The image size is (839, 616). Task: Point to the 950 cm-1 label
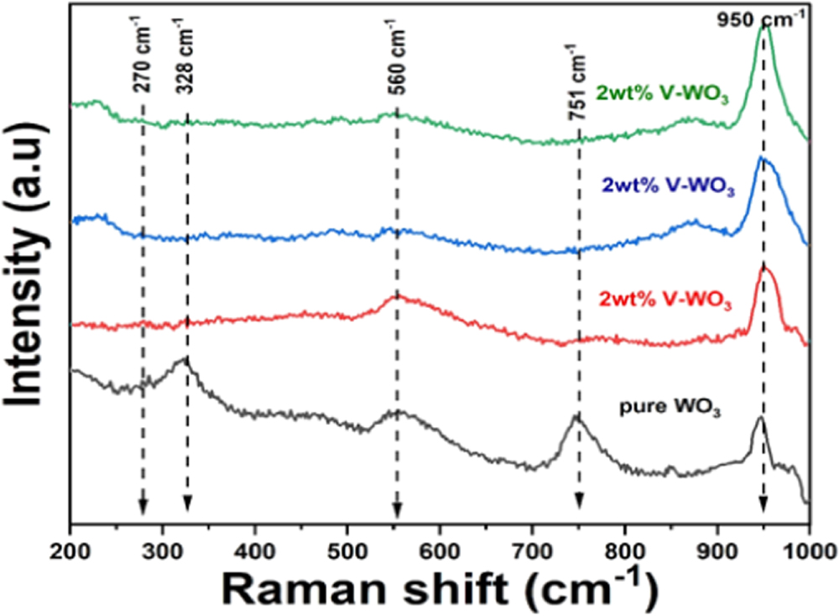pyautogui.click(x=763, y=16)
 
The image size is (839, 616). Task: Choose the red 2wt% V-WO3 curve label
pyautogui.click(x=667, y=300)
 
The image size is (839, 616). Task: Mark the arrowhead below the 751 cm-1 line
pyautogui.click(x=579, y=502)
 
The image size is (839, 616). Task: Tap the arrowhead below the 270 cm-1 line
pyautogui.click(x=143, y=505)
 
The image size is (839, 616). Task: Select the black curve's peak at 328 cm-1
pyautogui.click(x=185, y=358)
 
